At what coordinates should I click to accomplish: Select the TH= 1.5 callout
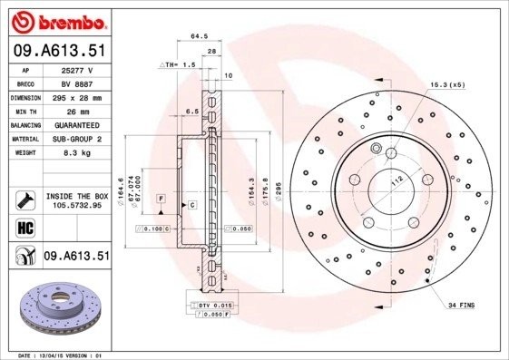[180, 66]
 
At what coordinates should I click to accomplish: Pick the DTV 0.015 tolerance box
[215, 306]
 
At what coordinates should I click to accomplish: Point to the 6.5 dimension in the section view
[191, 111]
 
